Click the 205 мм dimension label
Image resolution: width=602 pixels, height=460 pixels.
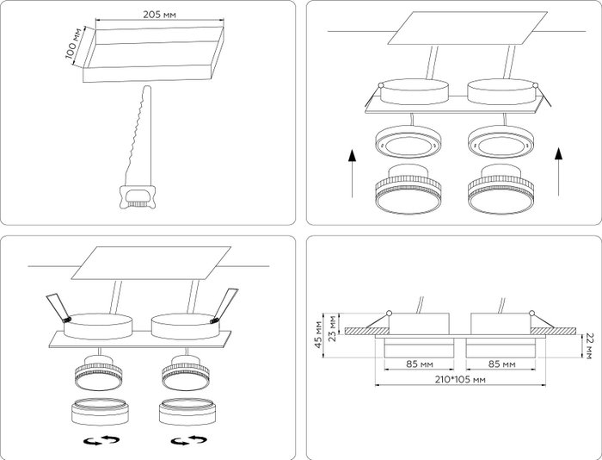click(159, 15)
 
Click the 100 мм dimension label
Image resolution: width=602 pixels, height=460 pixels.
click(75, 43)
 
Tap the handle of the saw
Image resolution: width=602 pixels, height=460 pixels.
click(138, 197)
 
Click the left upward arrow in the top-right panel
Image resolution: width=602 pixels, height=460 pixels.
click(352, 173)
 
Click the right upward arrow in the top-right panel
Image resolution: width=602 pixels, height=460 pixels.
click(559, 171)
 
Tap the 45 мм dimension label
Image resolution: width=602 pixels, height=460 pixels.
click(318, 334)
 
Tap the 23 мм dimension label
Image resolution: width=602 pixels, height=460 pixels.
click(333, 328)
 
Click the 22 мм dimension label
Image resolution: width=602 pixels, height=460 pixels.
click(588, 345)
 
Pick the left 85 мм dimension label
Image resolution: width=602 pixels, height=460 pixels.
click(420, 364)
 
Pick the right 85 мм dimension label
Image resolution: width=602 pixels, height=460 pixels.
click(501, 364)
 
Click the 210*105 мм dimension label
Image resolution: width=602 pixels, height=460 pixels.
click(460, 380)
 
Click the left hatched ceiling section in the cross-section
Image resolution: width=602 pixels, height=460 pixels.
click(366, 331)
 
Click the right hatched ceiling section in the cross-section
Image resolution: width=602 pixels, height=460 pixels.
click(553, 331)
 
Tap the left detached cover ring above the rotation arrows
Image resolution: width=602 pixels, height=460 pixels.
click(99, 412)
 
